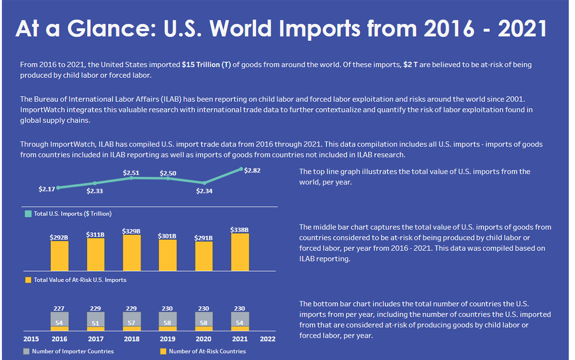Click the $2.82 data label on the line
pos(252,171)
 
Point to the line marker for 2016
pos(58,187)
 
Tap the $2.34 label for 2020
pos(204,191)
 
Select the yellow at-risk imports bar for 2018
pos(132,253)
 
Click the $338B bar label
pos(240,230)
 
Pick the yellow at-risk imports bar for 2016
pos(60,256)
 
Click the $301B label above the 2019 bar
pos(168,236)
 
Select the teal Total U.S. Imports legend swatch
pos(28,214)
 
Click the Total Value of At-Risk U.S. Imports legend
pos(80,280)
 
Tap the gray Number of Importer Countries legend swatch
pos(26,351)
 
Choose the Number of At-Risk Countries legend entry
pos(207,351)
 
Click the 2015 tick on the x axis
pos(31,338)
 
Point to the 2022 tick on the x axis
pos(268,338)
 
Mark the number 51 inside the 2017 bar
pos(96,323)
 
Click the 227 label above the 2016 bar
pos(60,309)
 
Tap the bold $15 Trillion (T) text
pos(207,64)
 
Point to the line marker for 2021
pos(241,169)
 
